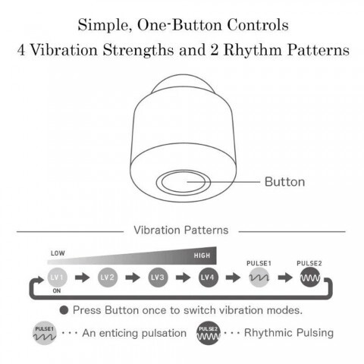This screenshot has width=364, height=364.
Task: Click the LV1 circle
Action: [57, 278]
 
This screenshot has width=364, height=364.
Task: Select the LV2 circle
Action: [108, 278]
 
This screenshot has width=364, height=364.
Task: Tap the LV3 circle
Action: [158, 278]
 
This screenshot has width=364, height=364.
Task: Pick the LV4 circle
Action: [208, 278]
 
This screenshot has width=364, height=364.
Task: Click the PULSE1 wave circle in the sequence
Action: [259, 278]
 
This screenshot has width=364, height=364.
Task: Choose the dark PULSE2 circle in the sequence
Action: [310, 278]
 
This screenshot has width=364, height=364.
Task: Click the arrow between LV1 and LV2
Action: [83, 278]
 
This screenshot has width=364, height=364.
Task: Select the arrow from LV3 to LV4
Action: [183, 278]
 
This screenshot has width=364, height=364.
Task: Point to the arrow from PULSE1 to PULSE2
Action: [285, 278]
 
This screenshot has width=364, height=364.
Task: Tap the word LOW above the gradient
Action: [58, 253]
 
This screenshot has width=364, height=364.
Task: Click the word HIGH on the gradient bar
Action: [202, 256]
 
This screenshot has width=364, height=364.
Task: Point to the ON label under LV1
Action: [57, 291]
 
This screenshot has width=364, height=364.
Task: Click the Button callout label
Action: [284, 182]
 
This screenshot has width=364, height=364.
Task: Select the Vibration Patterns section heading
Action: [181, 230]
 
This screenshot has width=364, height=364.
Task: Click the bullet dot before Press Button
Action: [64, 310]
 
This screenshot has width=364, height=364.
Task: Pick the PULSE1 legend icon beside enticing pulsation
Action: [45, 333]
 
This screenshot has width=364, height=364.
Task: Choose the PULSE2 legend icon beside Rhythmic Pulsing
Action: [209, 333]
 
